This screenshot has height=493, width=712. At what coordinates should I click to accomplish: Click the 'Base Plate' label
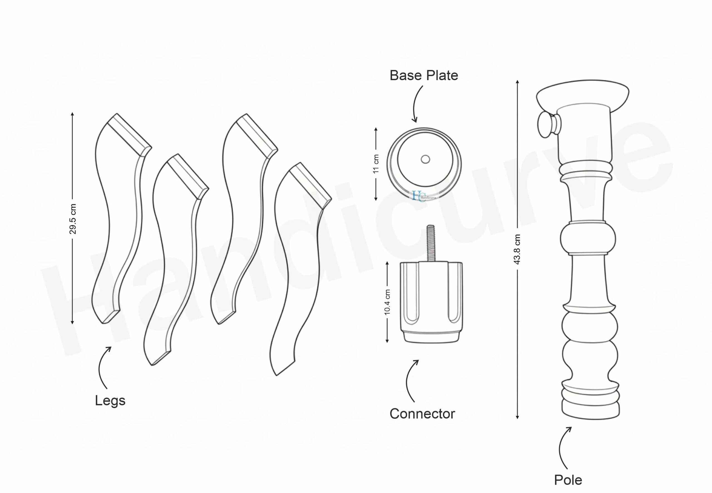tap(424, 76)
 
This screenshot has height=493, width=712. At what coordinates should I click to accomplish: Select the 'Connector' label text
tap(422, 414)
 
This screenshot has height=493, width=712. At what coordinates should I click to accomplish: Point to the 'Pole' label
tap(568, 480)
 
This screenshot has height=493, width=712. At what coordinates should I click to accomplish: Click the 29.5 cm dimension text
tap(73, 219)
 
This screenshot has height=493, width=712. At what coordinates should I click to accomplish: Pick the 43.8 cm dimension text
tap(517, 249)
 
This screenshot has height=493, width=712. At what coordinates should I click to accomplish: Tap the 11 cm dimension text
tap(376, 164)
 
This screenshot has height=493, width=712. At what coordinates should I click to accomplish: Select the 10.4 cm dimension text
tap(387, 302)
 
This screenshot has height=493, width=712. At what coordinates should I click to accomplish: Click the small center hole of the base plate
tap(425, 159)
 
